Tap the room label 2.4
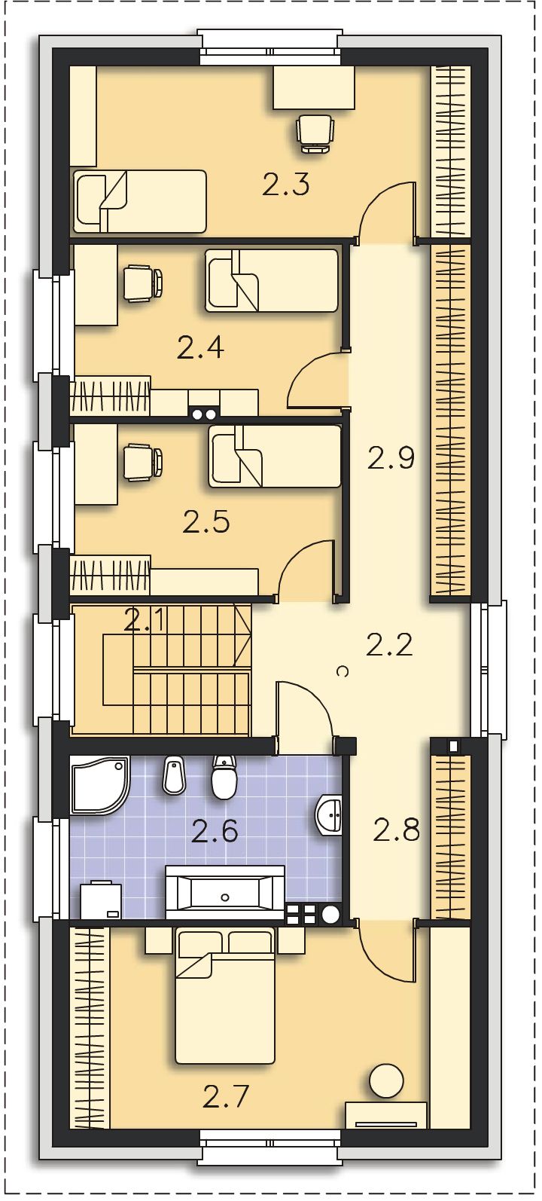pos(199,348)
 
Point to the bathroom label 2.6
pos(215,831)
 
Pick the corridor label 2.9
pos(391,458)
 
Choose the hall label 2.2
pos(389,644)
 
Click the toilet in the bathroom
pos(224,778)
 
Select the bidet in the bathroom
pos(174,775)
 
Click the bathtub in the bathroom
pos(225,897)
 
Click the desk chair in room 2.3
pos(315,134)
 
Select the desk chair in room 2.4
pos(143,283)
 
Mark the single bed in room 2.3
pos(139,201)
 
